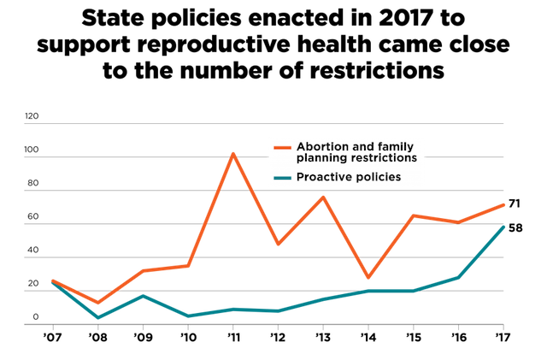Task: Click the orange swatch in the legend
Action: [x=283, y=148]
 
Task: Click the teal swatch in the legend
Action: [x=283, y=178]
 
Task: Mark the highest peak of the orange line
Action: [x=232, y=153]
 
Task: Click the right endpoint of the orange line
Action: [x=504, y=204]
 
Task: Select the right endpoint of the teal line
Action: [x=504, y=227]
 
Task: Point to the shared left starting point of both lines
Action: [x=52, y=280]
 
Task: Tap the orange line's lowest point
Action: [x=98, y=302]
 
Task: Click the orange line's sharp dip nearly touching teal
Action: [x=368, y=278]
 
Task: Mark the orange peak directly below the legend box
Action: [x=323, y=197]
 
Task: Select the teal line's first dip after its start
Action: [x=98, y=317]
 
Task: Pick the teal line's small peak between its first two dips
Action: [x=143, y=295]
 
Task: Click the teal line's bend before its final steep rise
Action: [x=459, y=277]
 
